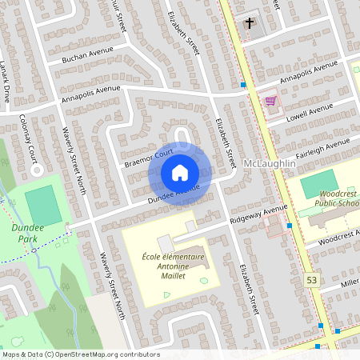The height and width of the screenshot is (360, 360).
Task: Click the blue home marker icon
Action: (x=180, y=172)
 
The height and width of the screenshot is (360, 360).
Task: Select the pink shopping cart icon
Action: (x=270, y=102)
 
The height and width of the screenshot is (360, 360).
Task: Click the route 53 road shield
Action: (x=311, y=278)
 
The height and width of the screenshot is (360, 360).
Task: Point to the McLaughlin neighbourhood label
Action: (x=269, y=163)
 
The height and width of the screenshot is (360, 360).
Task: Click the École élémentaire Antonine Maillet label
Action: (x=174, y=266)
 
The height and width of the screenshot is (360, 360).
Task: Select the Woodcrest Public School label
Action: (x=334, y=199)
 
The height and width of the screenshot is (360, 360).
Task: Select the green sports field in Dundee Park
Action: (x=42, y=206)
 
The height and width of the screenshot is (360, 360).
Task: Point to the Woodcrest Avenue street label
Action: (x=337, y=237)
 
